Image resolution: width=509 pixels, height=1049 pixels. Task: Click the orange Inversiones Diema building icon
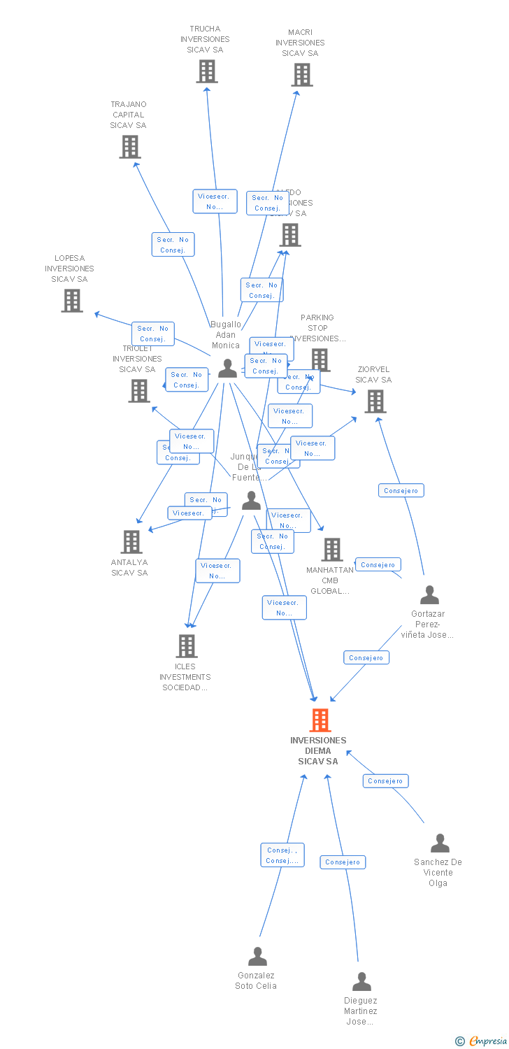(320, 720)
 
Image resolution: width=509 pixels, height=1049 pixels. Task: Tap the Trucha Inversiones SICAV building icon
(207, 71)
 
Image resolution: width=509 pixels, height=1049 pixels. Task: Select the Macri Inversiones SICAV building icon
(302, 75)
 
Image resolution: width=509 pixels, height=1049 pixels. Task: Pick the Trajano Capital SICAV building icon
(130, 147)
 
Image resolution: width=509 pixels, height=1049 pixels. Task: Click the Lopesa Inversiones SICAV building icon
(72, 301)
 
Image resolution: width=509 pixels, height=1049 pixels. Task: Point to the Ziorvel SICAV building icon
(375, 401)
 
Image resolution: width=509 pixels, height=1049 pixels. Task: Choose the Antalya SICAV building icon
(131, 542)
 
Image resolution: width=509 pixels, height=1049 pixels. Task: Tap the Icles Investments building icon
(187, 646)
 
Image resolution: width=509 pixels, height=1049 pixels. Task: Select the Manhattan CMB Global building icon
(332, 550)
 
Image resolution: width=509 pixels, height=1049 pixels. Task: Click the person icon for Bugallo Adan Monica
(227, 368)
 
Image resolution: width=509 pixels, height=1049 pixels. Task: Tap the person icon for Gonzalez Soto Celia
(258, 956)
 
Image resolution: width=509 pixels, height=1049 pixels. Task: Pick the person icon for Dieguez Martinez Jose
(361, 982)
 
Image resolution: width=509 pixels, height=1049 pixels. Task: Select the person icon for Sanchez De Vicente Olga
(440, 843)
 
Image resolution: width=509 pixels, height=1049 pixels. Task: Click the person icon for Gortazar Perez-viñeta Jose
(429, 595)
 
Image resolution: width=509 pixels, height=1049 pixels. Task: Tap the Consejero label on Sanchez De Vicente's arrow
(385, 780)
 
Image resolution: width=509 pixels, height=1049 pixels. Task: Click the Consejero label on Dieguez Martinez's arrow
(343, 862)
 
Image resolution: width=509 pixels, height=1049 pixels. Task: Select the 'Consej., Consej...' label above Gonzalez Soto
(282, 855)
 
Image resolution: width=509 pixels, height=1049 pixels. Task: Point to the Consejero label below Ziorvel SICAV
(401, 491)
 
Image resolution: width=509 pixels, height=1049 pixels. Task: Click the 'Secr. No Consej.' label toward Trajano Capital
(173, 245)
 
